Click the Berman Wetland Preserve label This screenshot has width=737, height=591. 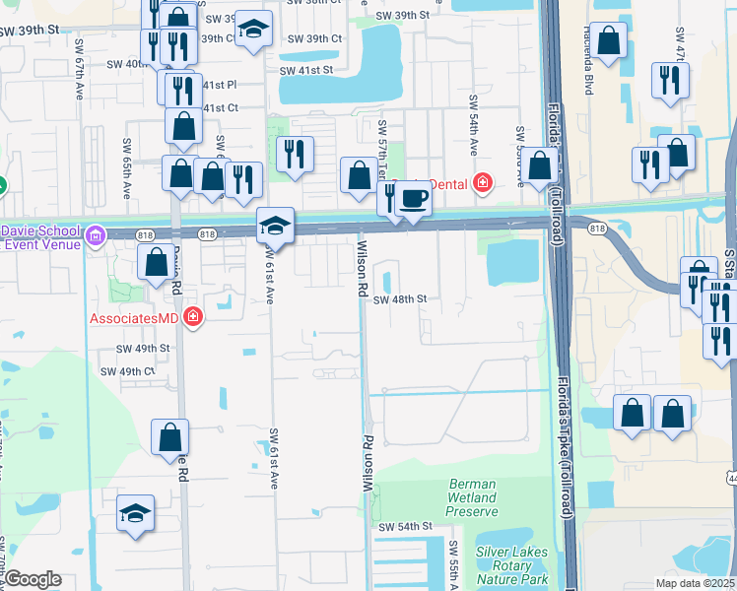[479, 497]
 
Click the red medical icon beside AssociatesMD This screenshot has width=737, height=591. [194, 317]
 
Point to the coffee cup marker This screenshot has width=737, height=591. [413, 199]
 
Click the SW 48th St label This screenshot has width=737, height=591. [399, 299]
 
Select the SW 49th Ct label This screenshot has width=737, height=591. [136, 371]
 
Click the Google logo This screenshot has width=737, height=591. [33, 579]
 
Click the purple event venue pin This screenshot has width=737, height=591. [95, 235]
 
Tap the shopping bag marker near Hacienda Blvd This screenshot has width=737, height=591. [609, 41]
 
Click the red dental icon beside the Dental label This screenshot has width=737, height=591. [483, 181]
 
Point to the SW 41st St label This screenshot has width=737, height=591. [306, 71]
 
